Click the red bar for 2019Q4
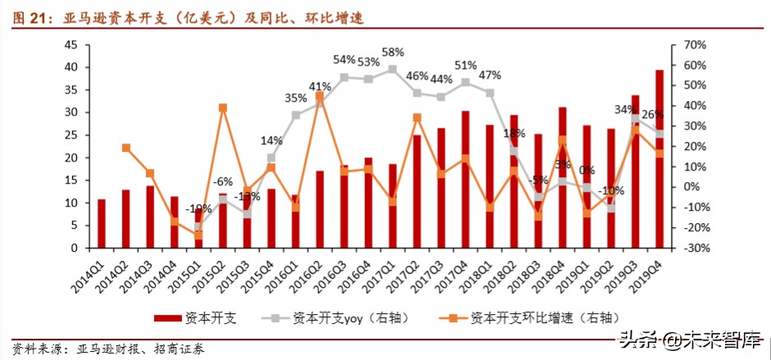659,159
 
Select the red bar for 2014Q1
102,223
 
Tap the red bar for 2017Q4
465,180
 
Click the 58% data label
392,53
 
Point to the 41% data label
321,86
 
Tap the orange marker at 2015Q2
223,107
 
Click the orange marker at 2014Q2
125,148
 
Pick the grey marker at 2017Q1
392,70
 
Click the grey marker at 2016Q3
344,77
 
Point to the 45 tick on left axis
71,45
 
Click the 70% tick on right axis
687,45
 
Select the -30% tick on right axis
687,248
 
